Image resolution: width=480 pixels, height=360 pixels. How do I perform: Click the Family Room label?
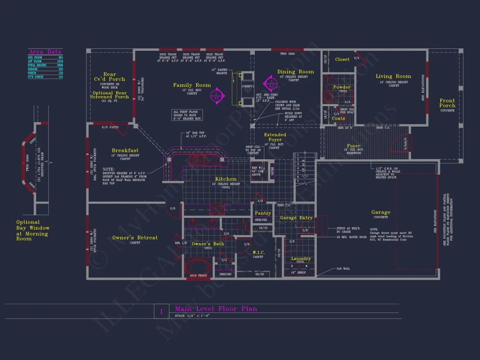click(192, 85)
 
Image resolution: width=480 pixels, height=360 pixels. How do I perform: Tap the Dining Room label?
click(295, 72)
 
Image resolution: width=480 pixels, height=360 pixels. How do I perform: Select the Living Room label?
click(393, 76)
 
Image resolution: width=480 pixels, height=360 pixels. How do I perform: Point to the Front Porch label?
click(447, 103)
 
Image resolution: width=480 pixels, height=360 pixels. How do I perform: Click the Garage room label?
click(381, 213)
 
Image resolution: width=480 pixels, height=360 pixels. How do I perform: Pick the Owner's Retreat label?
click(135, 238)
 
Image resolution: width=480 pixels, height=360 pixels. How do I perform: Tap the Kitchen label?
click(226, 179)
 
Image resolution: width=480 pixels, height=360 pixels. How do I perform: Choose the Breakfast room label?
click(125, 151)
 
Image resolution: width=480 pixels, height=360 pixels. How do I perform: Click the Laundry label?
click(301, 259)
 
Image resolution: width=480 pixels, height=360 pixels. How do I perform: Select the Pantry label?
click(263, 213)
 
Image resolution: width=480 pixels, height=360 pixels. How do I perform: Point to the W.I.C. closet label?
click(258, 252)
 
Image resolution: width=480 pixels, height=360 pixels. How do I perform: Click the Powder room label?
click(342, 87)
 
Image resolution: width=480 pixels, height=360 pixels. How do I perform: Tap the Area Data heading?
click(45, 52)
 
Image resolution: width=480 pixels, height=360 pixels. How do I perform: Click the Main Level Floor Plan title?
click(216, 309)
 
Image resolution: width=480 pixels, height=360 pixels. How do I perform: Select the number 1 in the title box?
click(161, 312)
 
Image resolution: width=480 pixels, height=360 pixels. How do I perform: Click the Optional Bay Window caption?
click(33, 230)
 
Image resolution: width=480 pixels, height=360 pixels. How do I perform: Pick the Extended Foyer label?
click(275, 137)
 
